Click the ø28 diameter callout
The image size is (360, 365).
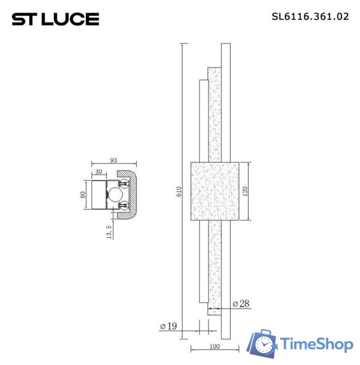(241, 304)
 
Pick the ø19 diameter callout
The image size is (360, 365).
(169, 326)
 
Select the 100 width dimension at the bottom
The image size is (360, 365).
(215, 346)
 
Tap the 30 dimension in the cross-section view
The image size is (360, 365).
(99, 171)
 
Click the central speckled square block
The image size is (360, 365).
(214, 191)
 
